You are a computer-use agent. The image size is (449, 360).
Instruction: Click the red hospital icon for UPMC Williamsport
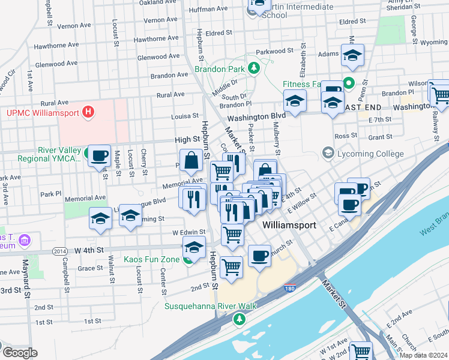click(89, 112)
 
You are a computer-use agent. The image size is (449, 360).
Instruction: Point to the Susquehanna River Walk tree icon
click(240, 319)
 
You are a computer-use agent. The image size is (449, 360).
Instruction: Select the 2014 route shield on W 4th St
click(59, 250)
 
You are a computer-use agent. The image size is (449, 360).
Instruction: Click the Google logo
click(20, 353)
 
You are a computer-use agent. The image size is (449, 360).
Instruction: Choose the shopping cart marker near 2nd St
click(231, 268)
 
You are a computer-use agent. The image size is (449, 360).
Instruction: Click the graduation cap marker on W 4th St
click(194, 247)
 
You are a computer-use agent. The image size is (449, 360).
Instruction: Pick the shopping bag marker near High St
click(191, 161)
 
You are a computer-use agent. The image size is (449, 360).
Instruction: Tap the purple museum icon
click(25, 241)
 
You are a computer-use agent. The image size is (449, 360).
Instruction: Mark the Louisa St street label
click(184, 115)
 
